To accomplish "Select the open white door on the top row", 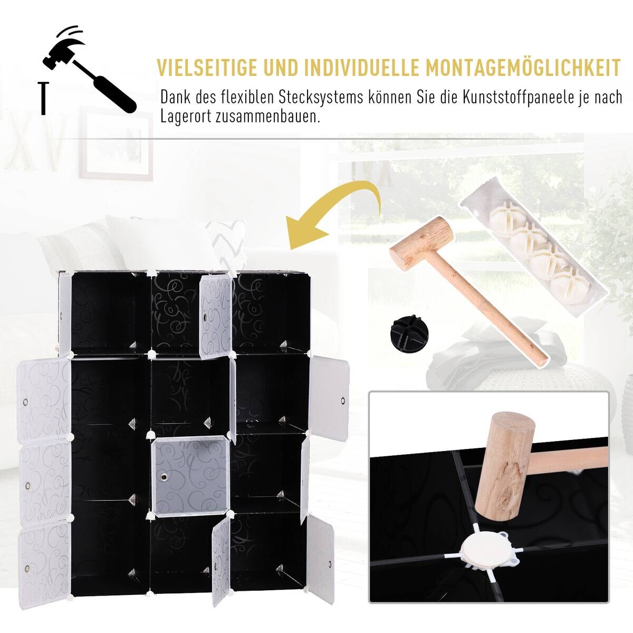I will (215, 316).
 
